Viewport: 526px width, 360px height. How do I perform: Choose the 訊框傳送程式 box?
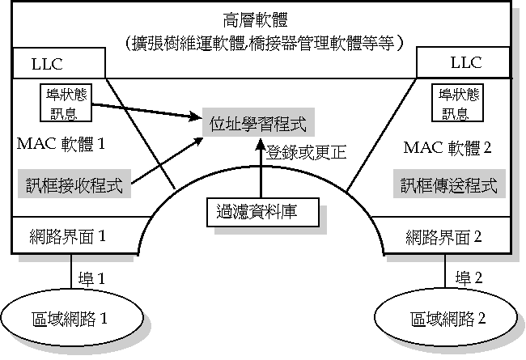coord(449,184)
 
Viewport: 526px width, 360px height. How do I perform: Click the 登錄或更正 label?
coord(299,150)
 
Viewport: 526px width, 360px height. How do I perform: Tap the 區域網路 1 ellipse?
coord(74,317)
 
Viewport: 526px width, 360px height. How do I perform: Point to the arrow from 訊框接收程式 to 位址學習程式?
coord(166,162)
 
